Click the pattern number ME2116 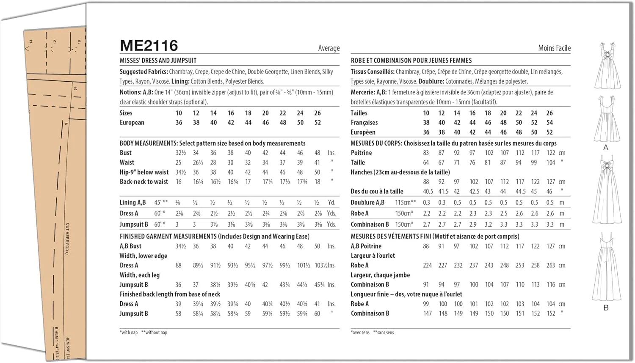[149, 46]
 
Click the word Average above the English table [329, 48]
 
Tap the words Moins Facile [554, 48]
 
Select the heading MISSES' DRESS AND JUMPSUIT [158, 60]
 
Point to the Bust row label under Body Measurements [125, 153]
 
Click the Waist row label [127, 162]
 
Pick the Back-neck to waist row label [144, 182]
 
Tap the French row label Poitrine [361, 153]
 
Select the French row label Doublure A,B [367, 203]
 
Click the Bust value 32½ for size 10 [181, 153]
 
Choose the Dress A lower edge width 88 [178, 265]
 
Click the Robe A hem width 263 [550, 265]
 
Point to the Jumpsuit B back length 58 [178, 313]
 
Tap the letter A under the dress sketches [605, 147]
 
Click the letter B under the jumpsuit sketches [606, 308]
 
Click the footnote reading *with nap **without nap [143, 333]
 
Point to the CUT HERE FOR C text [67, 239]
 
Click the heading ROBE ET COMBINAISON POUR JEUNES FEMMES [411, 60]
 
